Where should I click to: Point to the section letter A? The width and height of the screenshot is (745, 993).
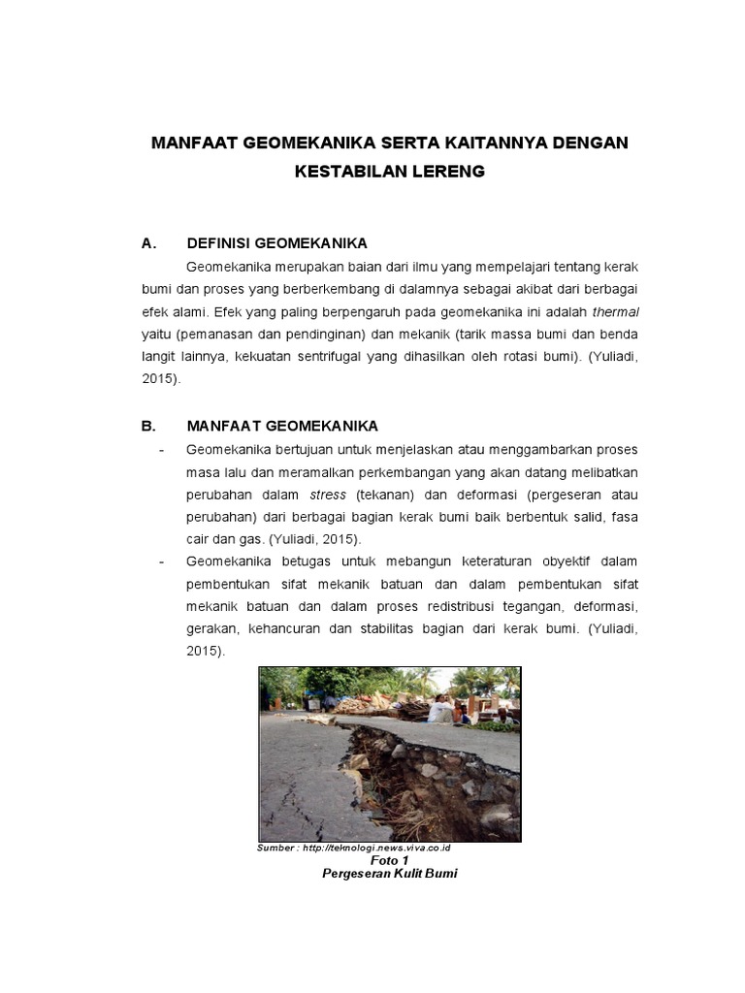(147, 243)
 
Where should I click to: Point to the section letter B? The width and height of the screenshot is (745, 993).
(147, 426)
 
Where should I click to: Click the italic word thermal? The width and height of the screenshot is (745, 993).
(616, 311)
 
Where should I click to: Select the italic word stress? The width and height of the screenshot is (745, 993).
(328, 494)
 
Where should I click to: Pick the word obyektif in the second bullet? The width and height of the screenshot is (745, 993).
(558, 561)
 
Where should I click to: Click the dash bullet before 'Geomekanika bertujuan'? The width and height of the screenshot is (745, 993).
(162, 449)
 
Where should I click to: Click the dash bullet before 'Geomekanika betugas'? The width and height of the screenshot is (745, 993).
(162, 561)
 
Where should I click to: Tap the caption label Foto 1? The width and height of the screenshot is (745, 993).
(390, 860)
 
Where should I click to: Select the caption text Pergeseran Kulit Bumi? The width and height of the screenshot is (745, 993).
(389, 873)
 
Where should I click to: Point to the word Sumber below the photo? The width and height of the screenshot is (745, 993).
(275, 848)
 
